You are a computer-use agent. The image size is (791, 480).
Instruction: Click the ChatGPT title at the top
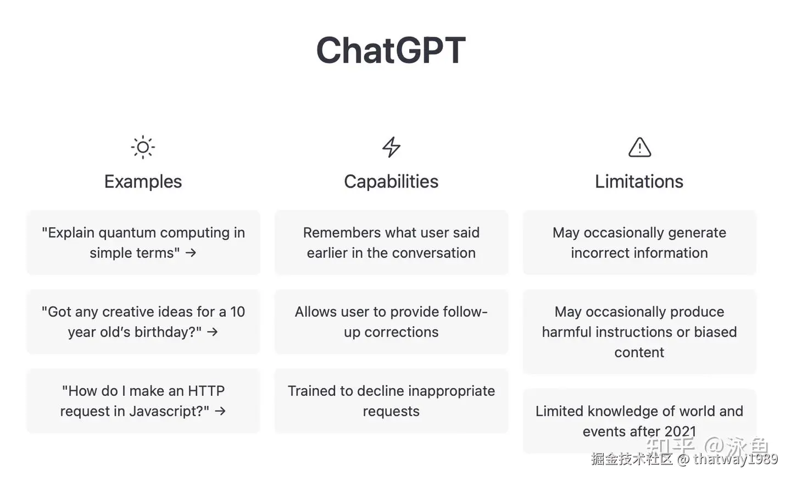[391, 50]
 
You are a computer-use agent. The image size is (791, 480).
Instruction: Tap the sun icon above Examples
[143, 147]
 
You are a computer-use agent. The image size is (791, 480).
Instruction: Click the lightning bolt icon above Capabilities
[391, 147]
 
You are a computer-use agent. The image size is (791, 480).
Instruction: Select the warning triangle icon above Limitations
[639, 147]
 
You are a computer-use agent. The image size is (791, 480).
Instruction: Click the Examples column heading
[143, 181]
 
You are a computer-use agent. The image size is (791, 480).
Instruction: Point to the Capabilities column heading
[391, 181]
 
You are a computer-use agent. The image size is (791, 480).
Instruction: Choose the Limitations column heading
[639, 181]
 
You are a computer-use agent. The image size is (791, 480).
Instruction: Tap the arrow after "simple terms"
[191, 253]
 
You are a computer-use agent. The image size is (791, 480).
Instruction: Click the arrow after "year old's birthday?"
[212, 332]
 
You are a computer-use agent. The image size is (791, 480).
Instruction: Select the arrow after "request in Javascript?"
[220, 411]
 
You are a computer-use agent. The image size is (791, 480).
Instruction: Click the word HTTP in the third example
[206, 391]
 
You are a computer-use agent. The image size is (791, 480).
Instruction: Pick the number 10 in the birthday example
[237, 312]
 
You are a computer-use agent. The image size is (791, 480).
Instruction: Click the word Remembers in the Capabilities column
[342, 233]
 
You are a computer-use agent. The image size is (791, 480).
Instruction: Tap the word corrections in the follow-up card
[402, 332]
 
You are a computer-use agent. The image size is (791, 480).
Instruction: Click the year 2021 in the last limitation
[681, 432]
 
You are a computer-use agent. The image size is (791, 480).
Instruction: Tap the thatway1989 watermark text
[736, 459]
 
